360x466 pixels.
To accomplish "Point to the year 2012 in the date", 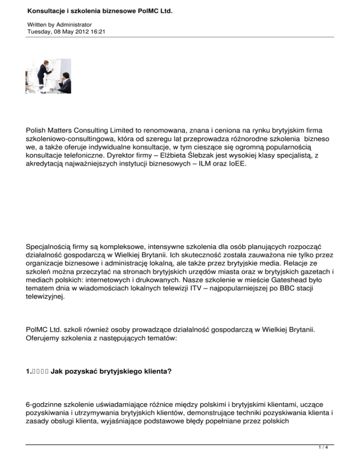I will click(x=75, y=31).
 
